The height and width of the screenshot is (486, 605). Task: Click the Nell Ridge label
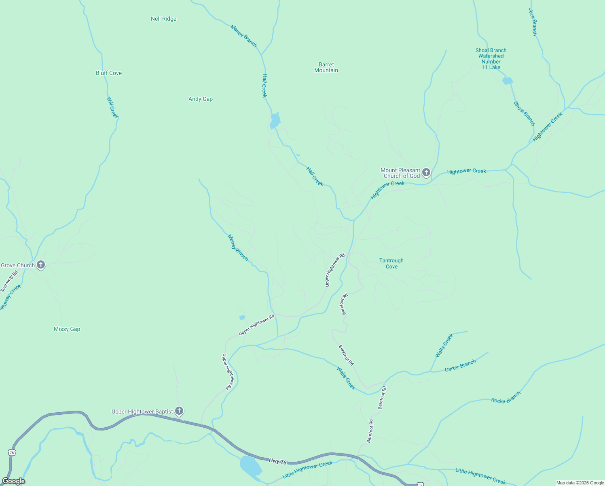pos(163,19)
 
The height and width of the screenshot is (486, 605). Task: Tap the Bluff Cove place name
pos(109,73)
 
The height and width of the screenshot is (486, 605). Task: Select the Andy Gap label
pos(201,99)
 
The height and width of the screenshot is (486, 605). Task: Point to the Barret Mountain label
pos(326,67)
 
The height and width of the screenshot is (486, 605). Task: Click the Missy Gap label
pos(67,329)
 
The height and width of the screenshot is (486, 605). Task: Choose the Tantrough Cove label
pos(391,263)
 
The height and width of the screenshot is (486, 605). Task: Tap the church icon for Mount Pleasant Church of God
pos(426,173)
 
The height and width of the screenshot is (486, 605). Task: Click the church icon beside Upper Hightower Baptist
pos(179,411)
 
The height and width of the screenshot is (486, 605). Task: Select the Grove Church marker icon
pos(40,265)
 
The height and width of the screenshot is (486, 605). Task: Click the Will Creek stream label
pos(112,107)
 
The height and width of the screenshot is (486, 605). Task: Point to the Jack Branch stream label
pos(533,22)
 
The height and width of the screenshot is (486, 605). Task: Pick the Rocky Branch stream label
pos(506,397)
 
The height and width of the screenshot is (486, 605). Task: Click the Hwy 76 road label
pos(277,461)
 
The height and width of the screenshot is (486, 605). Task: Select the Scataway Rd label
pos(9,281)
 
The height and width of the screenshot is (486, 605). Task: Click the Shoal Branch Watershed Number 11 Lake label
pos(491,59)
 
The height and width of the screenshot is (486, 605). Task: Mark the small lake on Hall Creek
pos(275,121)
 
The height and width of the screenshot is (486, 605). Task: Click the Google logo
pos(13,481)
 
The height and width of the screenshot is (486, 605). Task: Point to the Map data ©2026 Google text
pos(580,483)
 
